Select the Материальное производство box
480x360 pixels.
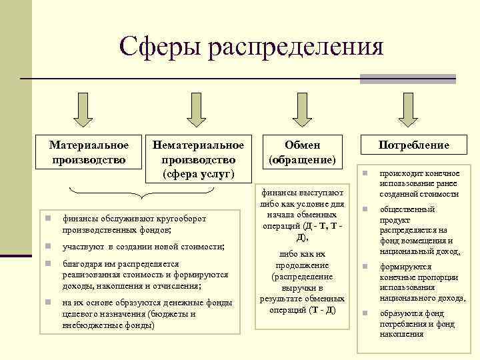pos(89,152)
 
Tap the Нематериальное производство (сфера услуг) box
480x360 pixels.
pos(199,159)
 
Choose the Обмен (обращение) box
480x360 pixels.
pos(303,152)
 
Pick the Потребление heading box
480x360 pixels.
pos(414,145)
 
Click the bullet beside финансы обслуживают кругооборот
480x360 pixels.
pos(42,218)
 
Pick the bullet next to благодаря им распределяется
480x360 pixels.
pos(42,264)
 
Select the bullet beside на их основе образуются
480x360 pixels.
pos(42,303)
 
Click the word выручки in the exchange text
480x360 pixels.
pos(302,289)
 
